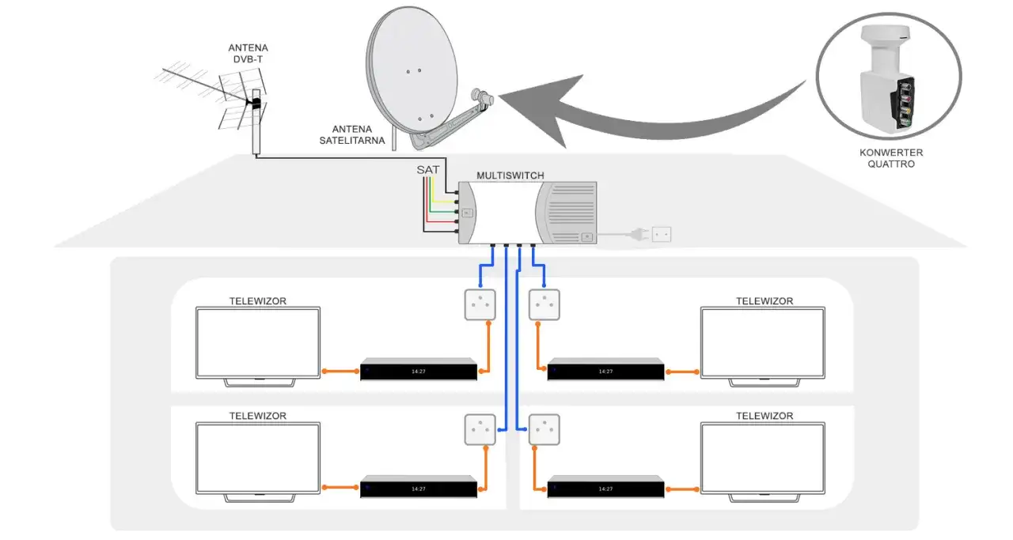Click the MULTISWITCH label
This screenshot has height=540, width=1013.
(x=510, y=175)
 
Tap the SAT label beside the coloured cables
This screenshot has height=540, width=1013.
(x=428, y=170)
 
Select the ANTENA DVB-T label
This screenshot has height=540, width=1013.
(x=249, y=53)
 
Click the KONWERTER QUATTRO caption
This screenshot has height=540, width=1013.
(x=890, y=158)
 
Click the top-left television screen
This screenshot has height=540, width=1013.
(x=258, y=342)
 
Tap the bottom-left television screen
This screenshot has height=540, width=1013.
(x=258, y=456)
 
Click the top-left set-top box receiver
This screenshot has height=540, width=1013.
(x=419, y=370)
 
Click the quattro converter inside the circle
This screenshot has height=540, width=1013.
(x=887, y=83)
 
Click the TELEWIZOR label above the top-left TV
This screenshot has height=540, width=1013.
(x=258, y=301)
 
